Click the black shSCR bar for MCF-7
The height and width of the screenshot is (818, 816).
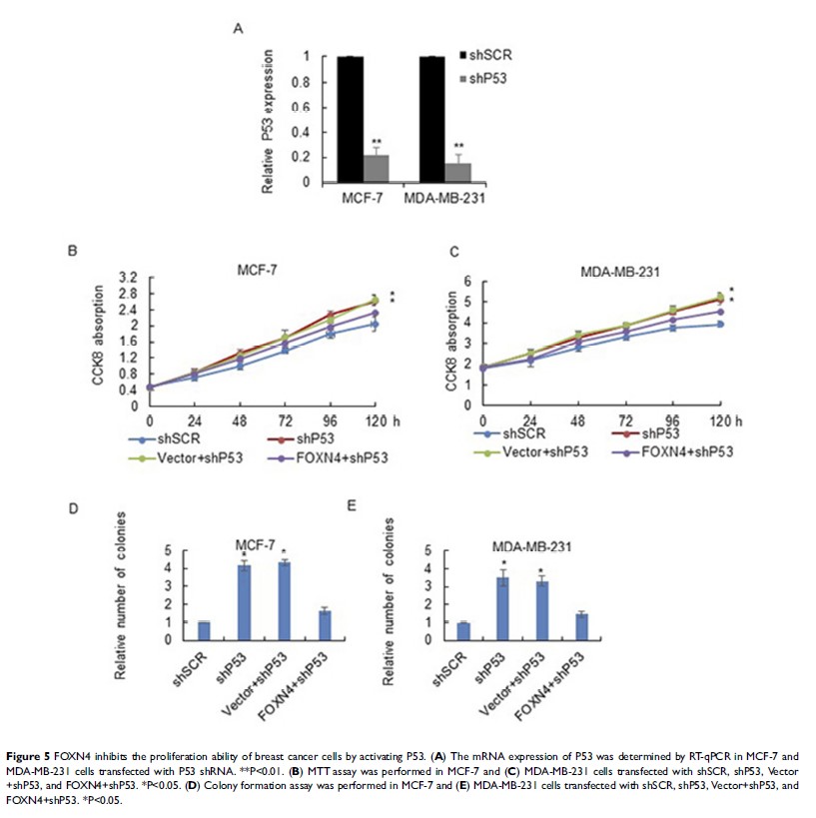click(x=350, y=120)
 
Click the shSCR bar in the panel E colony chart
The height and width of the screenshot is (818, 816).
click(x=462, y=630)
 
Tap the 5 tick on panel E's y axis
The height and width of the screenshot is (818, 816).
click(x=428, y=551)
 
